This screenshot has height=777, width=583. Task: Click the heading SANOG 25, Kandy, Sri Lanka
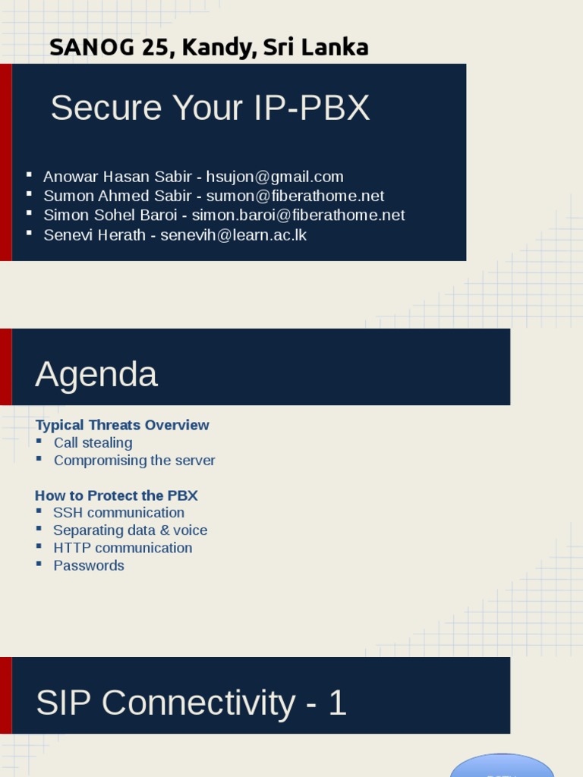pyautogui.click(x=209, y=47)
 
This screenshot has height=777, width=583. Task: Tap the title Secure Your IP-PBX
pyautogui.click(x=210, y=108)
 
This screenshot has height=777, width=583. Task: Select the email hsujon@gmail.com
pyautogui.click(x=275, y=177)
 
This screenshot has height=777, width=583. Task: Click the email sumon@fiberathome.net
pyautogui.click(x=295, y=196)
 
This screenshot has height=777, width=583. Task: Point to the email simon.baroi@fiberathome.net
pyautogui.click(x=298, y=215)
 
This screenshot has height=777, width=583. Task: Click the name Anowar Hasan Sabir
pyautogui.click(x=118, y=177)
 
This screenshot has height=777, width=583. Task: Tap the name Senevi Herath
pyautogui.click(x=94, y=234)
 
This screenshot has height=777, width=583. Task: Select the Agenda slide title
pyautogui.click(x=96, y=374)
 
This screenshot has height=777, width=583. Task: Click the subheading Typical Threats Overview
pyautogui.click(x=122, y=425)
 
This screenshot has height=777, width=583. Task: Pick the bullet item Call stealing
pyautogui.click(x=93, y=442)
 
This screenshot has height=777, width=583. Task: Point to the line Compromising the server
pyautogui.click(x=134, y=460)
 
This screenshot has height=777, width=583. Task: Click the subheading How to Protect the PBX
pyautogui.click(x=116, y=495)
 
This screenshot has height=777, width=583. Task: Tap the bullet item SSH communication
pyautogui.click(x=118, y=512)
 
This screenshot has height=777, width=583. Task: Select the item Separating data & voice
pyautogui.click(x=130, y=530)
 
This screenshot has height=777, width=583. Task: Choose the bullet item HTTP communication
pyautogui.click(x=122, y=547)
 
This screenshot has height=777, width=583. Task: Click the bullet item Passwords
pyautogui.click(x=89, y=565)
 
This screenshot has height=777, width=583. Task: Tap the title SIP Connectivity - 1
pyautogui.click(x=191, y=703)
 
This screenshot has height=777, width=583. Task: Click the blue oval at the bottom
pyautogui.click(x=502, y=766)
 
